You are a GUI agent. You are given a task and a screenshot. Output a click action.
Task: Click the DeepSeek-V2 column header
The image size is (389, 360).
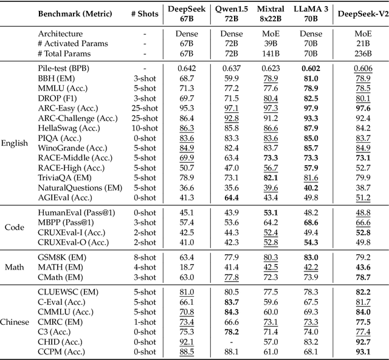coord(363,13)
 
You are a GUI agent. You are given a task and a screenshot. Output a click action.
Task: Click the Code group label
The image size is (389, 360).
coord(14,226)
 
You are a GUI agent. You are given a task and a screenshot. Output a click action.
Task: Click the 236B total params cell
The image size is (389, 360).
coord(363,53)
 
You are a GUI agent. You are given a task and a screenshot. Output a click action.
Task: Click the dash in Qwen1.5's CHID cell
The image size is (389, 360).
coord(225,341)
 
